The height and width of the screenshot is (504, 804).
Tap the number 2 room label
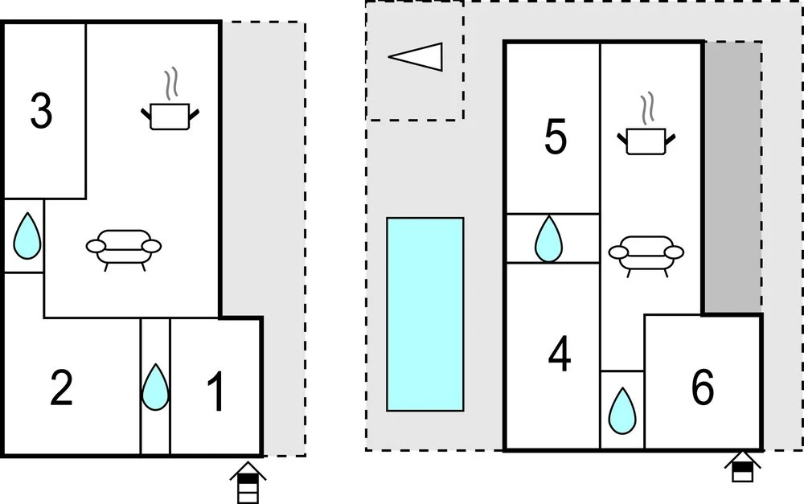(62, 389)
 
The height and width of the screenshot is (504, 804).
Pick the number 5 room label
(555, 137)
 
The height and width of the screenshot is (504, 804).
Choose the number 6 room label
(702, 389)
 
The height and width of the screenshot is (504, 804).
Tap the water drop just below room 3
(27, 236)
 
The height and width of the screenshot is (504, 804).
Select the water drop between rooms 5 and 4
(549, 239)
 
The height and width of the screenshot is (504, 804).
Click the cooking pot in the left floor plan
(170, 116)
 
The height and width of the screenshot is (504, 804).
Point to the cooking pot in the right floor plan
(646, 141)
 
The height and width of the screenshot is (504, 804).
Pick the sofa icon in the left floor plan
(124, 247)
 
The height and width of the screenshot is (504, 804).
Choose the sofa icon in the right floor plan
(646, 253)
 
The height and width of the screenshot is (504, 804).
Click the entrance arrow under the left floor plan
(248, 483)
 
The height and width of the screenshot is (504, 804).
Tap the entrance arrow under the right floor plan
(742, 467)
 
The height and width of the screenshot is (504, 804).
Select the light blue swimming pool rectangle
(425, 314)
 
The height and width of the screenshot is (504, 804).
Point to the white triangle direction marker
(417, 57)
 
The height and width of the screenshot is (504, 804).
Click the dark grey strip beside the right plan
(733, 177)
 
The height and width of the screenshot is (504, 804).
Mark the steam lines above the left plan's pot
(170, 84)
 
